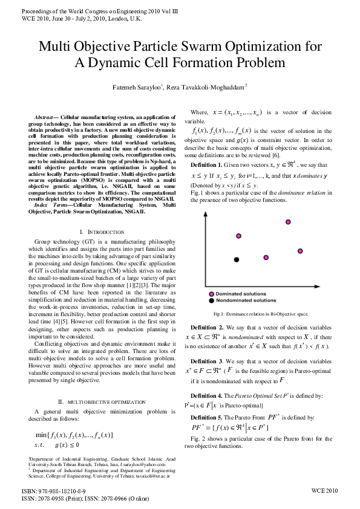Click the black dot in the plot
pos(237,259)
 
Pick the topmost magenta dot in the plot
pos(288,222)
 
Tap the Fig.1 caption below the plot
pos(261,314)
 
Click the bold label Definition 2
pos(208,327)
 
